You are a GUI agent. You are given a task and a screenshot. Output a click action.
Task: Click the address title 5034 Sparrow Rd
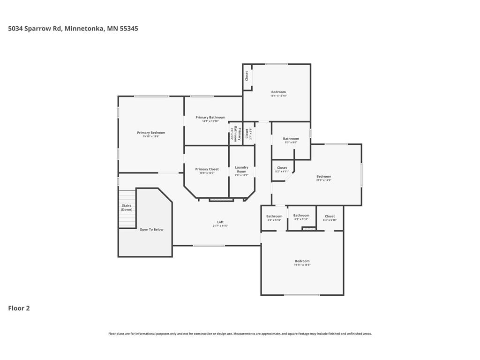[73, 29]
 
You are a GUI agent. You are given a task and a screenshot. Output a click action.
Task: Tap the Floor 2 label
[19, 308]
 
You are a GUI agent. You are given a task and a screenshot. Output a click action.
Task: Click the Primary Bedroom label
[151, 133]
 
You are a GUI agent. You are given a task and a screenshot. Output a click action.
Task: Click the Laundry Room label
[241, 169]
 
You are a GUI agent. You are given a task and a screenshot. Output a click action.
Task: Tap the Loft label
[220, 222]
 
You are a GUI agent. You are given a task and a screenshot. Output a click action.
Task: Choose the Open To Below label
[151, 230]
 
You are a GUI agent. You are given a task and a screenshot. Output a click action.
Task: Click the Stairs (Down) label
[127, 208]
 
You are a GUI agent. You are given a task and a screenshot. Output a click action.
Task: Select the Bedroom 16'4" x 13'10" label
[278, 94]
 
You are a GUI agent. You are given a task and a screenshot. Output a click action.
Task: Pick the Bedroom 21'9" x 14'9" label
[323, 178]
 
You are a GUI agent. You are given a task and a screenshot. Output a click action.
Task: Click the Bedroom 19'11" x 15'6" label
[302, 262]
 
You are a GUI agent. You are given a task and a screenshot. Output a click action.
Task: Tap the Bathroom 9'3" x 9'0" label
[291, 140]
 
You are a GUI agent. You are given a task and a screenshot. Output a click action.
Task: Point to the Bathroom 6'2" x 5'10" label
[274, 218]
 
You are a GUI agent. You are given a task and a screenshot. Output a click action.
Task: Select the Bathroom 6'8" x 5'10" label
[301, 217]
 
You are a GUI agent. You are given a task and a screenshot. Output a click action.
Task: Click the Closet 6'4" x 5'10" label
[330, 218]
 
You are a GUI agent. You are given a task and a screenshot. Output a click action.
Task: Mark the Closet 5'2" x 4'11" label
[282, 169]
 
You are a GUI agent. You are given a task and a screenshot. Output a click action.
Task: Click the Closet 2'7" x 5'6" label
[248, 134]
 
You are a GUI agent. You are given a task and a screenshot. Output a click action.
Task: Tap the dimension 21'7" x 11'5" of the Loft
[220, 226]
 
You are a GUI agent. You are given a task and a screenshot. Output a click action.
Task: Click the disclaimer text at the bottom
[240, 334]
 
